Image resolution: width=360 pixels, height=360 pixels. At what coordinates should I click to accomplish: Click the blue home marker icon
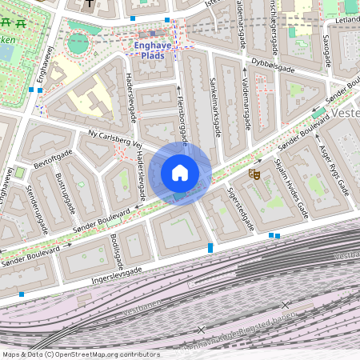(x=180, y=173)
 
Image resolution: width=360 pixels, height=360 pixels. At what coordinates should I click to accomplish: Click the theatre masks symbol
(x=254, y=173)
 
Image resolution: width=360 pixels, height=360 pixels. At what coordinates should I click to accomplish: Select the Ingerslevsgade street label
(x=116, y=274)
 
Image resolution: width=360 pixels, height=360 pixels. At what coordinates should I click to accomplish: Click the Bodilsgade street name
(x=118, y=251)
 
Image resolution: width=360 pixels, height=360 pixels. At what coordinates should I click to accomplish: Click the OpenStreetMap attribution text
(x=81, y=354)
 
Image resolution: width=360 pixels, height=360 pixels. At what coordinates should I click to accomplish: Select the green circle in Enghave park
(x=77, y=43)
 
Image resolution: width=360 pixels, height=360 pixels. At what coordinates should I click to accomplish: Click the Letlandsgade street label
(x=346, y=18)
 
